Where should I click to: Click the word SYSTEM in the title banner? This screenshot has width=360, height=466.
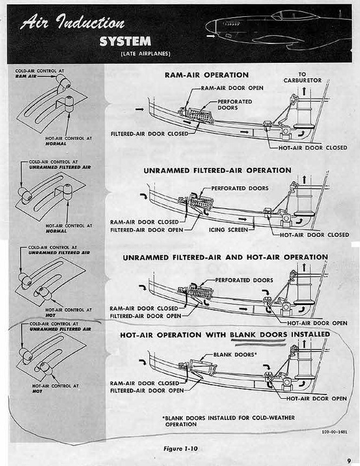[125, 41]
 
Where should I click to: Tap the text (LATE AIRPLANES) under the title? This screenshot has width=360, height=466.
[145, 54]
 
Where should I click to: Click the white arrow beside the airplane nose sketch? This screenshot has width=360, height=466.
[211, 36]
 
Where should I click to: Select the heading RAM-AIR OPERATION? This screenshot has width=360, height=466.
[207, 75]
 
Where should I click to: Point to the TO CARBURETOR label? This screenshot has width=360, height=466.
[302, 78]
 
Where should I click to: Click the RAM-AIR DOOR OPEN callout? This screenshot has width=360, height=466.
[232, 88]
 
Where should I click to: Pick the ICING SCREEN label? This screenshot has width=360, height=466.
[228, 230]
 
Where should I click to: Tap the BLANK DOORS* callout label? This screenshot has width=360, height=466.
[235, 355]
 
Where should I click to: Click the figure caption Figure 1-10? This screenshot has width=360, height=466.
[180, 449]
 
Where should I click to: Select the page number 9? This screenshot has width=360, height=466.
[349, 461]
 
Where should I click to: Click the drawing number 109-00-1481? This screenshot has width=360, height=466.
[335, 432]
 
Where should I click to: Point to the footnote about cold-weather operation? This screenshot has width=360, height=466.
[228, 421]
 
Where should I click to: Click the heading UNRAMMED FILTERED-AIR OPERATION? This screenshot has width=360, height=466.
[218, 171]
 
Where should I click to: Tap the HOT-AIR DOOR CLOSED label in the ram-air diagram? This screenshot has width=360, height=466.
[313, 148]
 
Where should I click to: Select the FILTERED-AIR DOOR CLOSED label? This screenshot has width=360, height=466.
[149, 134]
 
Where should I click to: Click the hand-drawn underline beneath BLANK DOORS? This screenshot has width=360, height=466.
[261, 345]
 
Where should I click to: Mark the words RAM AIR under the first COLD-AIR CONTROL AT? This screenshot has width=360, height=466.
[26, 76]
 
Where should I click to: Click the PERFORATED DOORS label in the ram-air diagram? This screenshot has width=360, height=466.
[235, 104]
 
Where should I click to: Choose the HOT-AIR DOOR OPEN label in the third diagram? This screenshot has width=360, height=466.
[317, 323]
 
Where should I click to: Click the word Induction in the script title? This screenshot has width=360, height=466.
[90, 22]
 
